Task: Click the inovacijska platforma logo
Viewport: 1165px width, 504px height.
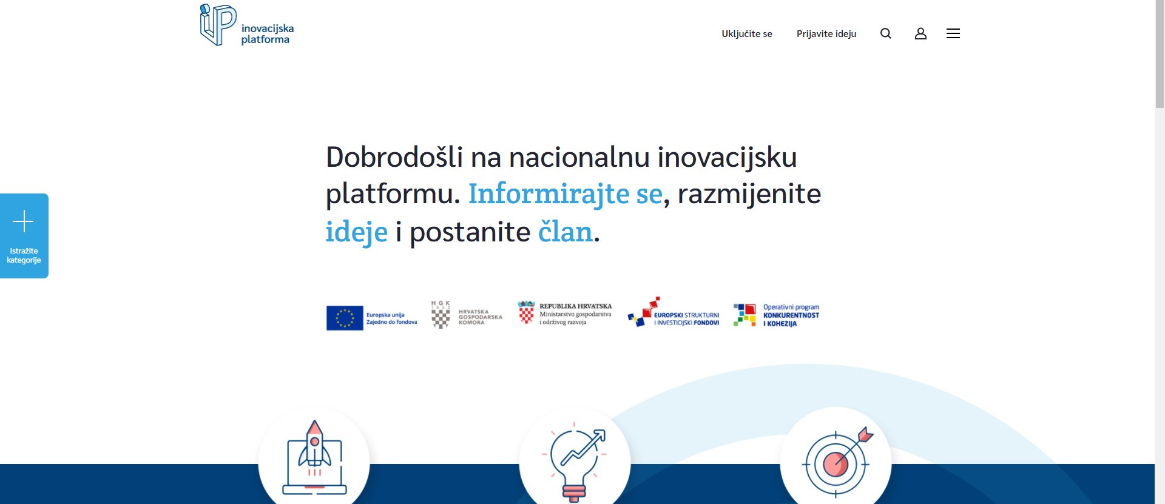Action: pos(247,25)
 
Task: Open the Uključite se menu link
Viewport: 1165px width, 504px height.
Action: pos(747,34)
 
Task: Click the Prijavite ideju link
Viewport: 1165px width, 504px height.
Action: pos(826,34)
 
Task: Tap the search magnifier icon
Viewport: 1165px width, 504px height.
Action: pos(886,33)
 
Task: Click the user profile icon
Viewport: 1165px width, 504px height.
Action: pos(920,33)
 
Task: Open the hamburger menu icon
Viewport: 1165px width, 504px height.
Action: pos(953,33)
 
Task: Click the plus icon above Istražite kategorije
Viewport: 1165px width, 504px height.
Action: pos(23,221)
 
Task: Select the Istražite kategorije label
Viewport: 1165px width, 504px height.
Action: pos(24,255)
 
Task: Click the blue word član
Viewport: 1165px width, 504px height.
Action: pos(565,232)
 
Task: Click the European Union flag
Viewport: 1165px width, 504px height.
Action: pos(345,318)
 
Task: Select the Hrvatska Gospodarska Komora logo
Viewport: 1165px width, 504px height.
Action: pos(466,315)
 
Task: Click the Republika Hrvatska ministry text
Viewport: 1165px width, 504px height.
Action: pos(575,314)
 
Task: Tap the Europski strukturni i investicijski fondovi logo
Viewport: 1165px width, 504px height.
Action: pos(673,312)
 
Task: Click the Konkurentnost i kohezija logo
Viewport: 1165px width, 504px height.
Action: pos(776,315)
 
